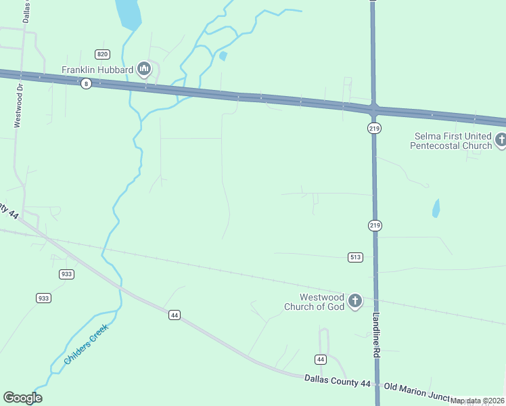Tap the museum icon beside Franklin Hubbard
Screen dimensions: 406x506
pos(143,68)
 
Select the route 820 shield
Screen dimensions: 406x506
pos(102,54)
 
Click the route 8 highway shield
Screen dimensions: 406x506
pos(85,84)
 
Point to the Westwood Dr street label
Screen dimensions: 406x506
pos(19,106)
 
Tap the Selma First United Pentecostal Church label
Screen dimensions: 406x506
pos(453,141)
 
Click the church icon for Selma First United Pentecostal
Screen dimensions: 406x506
pos(501,141)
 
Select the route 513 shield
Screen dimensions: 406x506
pos(355,257)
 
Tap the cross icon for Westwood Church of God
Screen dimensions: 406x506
pos(355,302)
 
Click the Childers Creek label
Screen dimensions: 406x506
pos(86,345)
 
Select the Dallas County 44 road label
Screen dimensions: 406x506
pos(337,383)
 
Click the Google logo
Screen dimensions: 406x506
pos(22,398)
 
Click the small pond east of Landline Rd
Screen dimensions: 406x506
pos(436,208)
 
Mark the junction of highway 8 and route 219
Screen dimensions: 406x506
pos(373,108)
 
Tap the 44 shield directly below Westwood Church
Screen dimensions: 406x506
pos(321,359)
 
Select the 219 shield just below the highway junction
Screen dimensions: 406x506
pos(375,128)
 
